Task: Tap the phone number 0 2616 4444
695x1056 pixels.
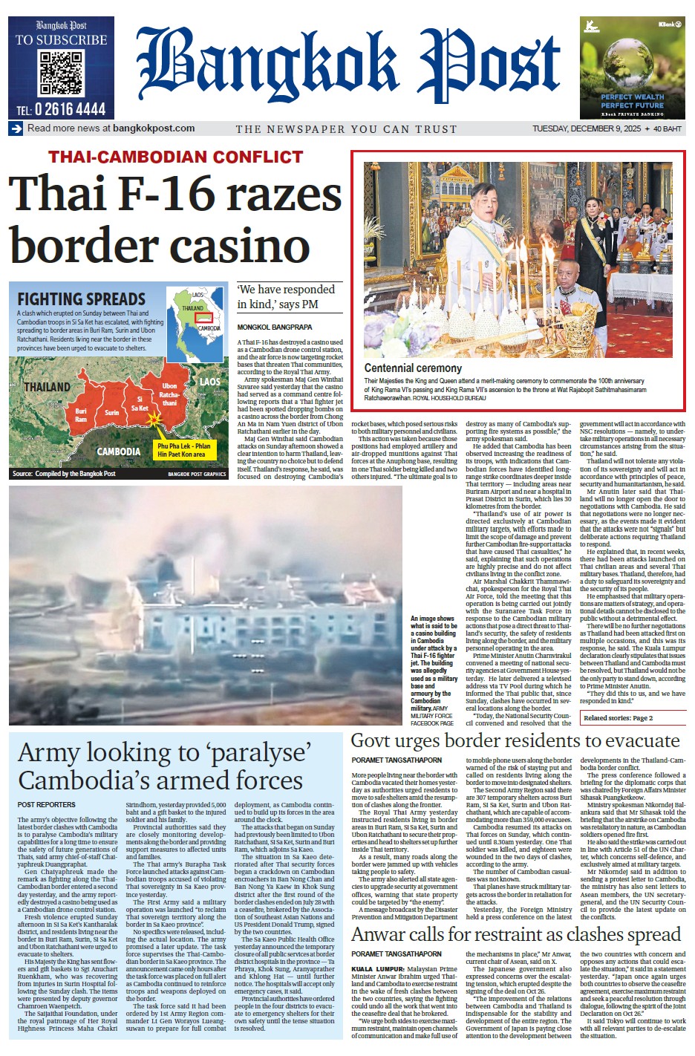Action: [x=61, y=110]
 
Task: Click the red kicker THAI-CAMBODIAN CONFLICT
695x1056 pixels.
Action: [x=176, y=157]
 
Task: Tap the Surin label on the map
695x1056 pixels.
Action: [x=111, y=413]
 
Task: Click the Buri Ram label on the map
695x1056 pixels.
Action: [x=81, y=415]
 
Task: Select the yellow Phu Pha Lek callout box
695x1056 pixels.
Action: [x=183, y=450]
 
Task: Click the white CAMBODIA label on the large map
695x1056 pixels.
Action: [x=119, y=452]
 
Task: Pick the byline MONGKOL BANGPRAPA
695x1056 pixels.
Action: [x=275, y=327]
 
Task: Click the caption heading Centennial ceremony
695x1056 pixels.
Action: [x=413, y=368]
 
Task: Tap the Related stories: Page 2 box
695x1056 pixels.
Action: [x=619, y=718]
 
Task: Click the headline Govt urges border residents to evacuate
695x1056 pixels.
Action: [x=515, y=741]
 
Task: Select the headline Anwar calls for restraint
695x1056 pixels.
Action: [x=515, y=934]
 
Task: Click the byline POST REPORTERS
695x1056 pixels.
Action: [x=47, y=804]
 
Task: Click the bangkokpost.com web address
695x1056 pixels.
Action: [x=154, y=128]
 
